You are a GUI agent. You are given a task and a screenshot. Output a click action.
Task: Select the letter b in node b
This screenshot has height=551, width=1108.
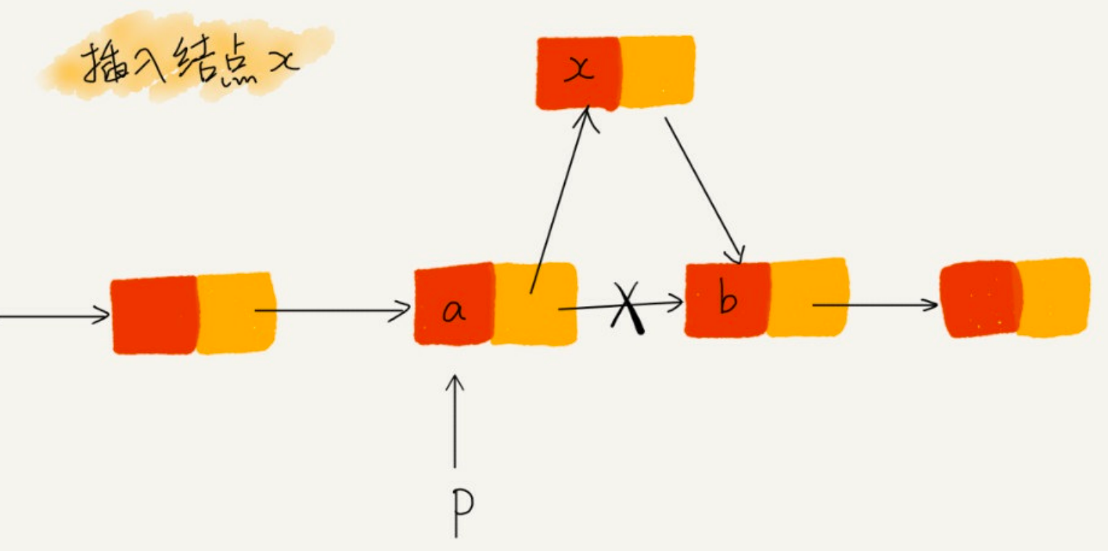(727, 299)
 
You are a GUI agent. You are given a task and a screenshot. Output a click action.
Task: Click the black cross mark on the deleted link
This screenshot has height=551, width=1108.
(629, 307)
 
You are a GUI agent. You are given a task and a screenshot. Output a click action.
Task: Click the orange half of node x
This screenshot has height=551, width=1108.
(657, 71)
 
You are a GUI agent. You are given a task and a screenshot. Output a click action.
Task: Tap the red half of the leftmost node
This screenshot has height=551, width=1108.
(154, 314)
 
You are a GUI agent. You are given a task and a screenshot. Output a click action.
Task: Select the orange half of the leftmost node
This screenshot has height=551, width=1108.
(235, 313)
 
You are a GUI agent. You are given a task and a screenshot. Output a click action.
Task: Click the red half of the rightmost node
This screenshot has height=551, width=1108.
(979, 298)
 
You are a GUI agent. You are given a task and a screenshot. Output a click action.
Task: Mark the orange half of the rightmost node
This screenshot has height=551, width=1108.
(1053, 297)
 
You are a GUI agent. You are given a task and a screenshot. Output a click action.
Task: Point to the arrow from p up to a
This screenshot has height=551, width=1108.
(455, 420)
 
